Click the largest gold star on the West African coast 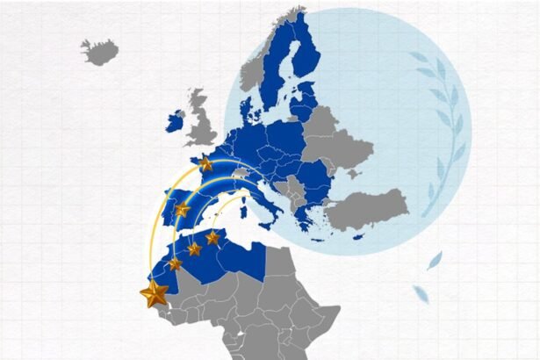pos(155,292)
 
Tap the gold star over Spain pos(182,209)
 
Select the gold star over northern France pos(206,163)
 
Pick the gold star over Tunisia pos(212,237)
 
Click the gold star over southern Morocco pos(175,263)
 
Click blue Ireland pos(176,122)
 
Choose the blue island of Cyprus pos(358,237)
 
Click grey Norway pos(263,70)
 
